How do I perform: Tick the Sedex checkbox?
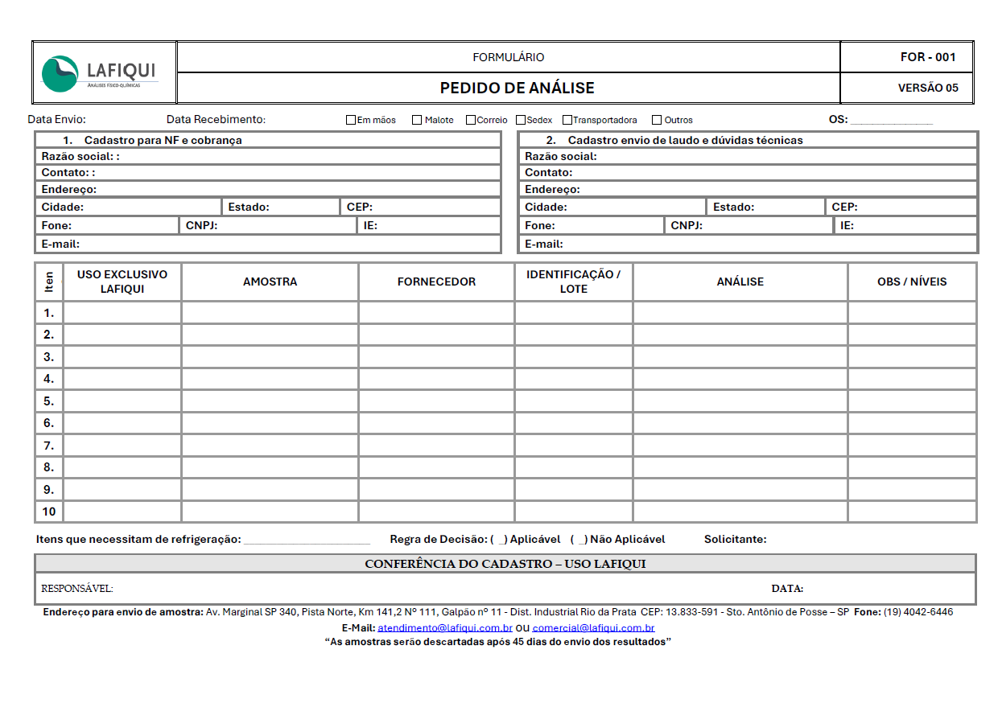521,120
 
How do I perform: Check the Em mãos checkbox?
351,120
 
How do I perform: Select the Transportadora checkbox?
567,120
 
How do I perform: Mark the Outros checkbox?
657,120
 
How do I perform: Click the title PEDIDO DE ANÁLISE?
517,88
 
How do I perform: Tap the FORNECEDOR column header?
436,282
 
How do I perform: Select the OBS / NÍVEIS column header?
912,282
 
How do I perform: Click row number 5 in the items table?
49,401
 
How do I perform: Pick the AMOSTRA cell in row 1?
270,312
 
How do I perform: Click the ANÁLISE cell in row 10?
740,512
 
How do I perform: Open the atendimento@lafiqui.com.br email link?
445,627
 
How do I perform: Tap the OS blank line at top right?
891,121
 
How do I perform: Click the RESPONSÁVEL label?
77,588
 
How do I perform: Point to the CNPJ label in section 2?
687,225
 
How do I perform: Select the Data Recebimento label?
216,120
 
